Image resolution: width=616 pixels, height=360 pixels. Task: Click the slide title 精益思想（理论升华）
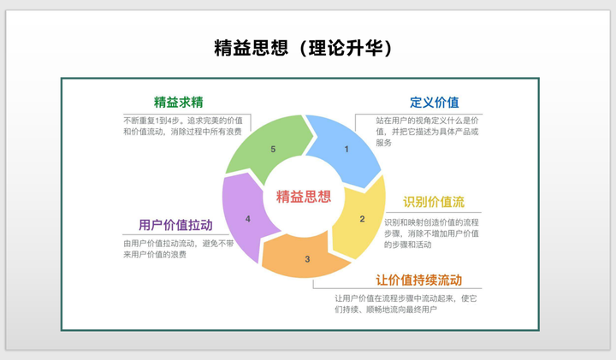(x=303, y=48)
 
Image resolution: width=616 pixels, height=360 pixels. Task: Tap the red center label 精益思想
(x=304, y=197)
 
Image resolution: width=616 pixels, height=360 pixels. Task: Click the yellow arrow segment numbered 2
(x=359, y=218)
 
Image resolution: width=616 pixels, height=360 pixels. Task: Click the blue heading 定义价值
(x=434, y=103)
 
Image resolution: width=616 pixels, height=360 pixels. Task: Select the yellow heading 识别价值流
(x=434, y=202)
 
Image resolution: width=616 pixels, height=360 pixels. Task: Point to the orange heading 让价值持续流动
(x=418, y=280)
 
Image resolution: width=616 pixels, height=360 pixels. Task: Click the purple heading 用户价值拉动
(x=175, y=225)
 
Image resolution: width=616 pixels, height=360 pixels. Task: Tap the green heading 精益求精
(x=178, y=103)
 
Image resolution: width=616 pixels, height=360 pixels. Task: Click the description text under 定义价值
(x=427, y=132)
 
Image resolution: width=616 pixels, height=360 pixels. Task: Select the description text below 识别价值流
(x=431, y=233)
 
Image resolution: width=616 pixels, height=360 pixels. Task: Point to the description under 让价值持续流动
(x=406, y=304)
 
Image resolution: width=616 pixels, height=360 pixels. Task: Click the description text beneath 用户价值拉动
(x=179, y=249)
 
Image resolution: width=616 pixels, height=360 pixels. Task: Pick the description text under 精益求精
(x=183, y=126)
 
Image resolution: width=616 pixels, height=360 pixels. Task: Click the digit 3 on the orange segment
(x=307, y=259)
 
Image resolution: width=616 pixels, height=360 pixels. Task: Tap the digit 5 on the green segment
(x=273, y=149)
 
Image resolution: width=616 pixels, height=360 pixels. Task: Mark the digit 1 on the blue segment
(x=346, y=149)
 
